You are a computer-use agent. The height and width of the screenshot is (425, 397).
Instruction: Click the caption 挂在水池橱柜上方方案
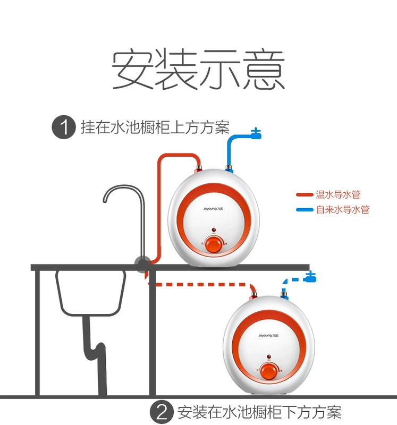pyautogui.click(x=155, y=128)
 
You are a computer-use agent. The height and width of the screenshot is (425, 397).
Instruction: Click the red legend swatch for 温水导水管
pyautogui.click(x=305, y=195)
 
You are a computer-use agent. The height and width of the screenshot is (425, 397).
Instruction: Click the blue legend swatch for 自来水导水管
pyautogui.click(x=305, y=210)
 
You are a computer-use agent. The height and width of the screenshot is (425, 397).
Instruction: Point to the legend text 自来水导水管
pyautogui.click(x=342, y=210)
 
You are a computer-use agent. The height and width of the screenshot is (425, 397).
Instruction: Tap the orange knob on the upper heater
pyautogui.click(x=214, y=245)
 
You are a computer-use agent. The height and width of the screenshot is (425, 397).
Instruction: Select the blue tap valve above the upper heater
pyautogui.click(x=256, y=133)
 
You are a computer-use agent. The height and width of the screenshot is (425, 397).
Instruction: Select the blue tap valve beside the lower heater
pyautogui.click(x=310, y=277)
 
